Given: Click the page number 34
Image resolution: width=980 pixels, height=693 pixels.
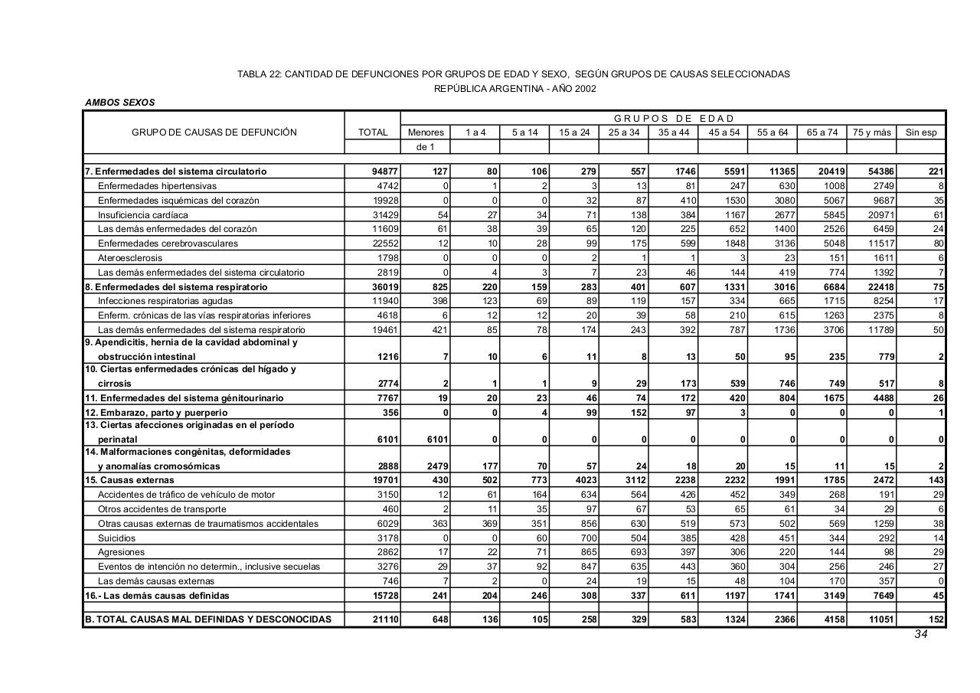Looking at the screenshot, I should tap(920, 634).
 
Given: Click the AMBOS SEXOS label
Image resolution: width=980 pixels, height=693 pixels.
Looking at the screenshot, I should tap(119, 103).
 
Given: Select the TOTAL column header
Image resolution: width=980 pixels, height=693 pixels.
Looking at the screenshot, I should tap(373, 132).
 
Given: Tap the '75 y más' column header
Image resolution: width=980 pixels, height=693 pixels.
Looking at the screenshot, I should tap(872, 132).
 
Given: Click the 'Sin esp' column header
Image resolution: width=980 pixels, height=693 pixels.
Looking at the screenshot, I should tap(921, 132).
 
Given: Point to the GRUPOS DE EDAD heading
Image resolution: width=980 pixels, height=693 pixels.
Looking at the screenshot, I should tap(674, 118).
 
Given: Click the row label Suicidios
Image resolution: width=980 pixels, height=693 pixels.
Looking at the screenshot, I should tap(116, 538).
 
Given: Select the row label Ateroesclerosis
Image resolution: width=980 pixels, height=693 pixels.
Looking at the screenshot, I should tap(130, 258).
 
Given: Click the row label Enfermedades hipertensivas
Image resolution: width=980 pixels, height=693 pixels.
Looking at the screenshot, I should tap(157, 186).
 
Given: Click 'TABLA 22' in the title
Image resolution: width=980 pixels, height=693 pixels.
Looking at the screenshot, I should tap(259, 74).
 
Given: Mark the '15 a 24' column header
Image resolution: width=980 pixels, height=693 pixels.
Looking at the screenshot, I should tap(574, 132).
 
